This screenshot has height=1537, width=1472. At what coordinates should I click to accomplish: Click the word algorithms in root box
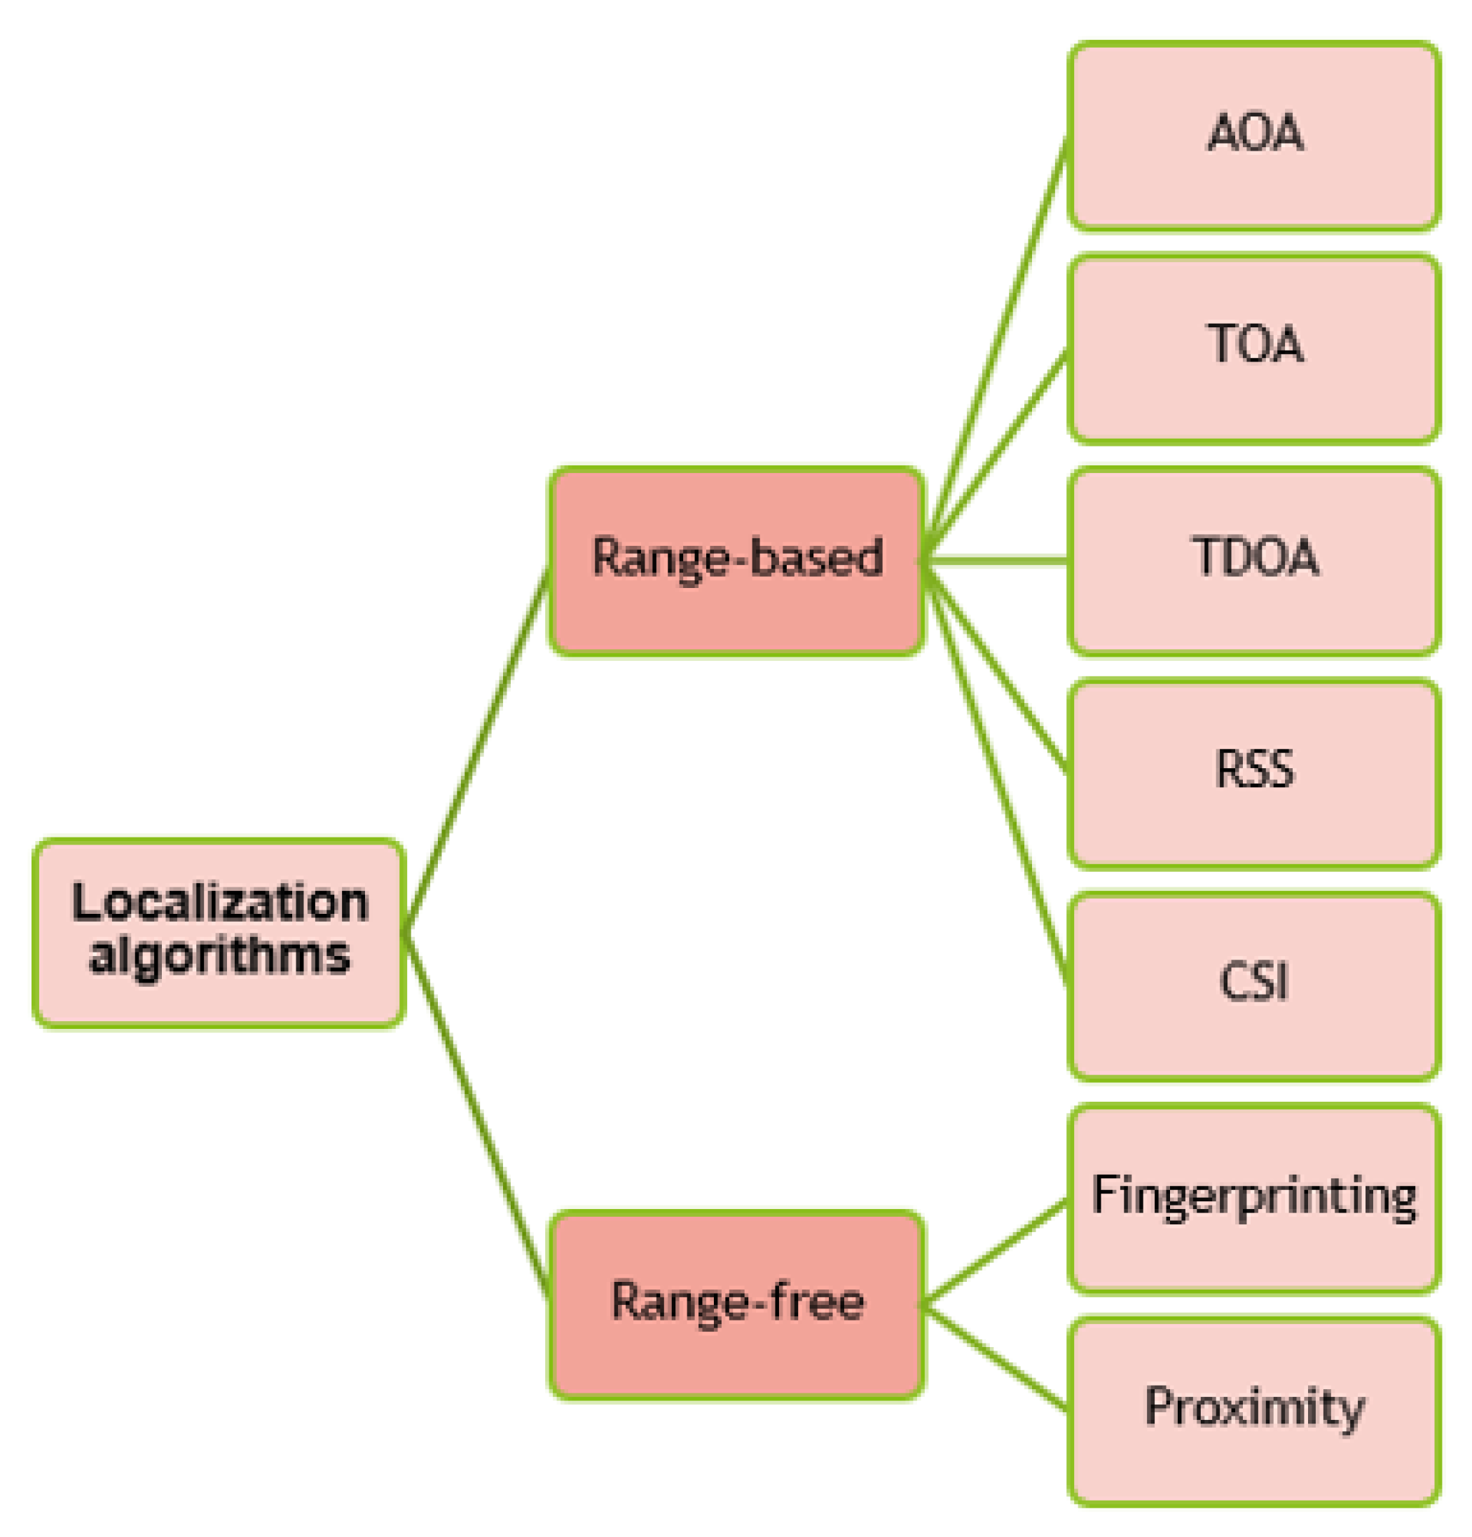219,957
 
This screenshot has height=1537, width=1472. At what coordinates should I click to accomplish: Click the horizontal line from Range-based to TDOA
996,560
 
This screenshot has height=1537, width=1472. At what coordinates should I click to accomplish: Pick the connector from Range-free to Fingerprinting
996,1252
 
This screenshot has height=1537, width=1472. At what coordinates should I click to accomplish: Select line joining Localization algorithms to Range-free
475,1114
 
